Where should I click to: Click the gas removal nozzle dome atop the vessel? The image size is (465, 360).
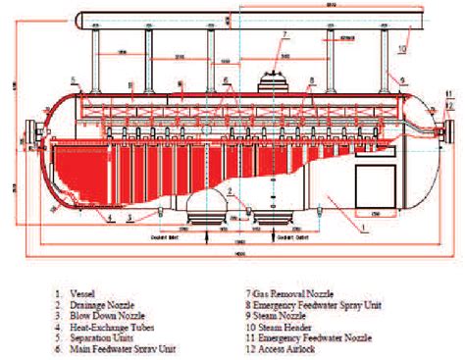pyautogui.click(x=272, y=78)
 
